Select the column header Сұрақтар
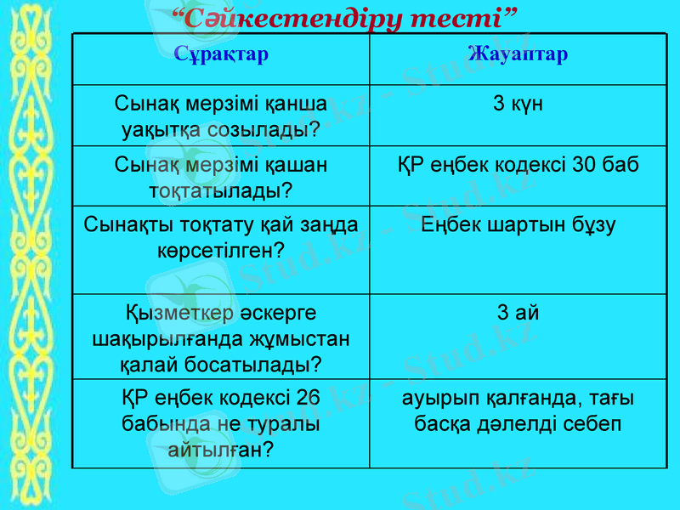coord(221,54)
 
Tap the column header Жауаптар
coord(518,54)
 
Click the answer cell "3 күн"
coord(518,105)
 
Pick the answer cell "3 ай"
coord(518,313)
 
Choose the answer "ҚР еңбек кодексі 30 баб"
coord(518,164)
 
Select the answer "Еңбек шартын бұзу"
coord(518,224)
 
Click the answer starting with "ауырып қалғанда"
coord(518,410)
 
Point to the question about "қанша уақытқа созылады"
coord(221,116)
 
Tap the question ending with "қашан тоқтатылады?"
coord(221,176)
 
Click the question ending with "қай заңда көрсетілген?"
coord(221,236)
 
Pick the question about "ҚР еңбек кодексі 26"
coord(221,422)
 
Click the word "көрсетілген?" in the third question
coord(221,249)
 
